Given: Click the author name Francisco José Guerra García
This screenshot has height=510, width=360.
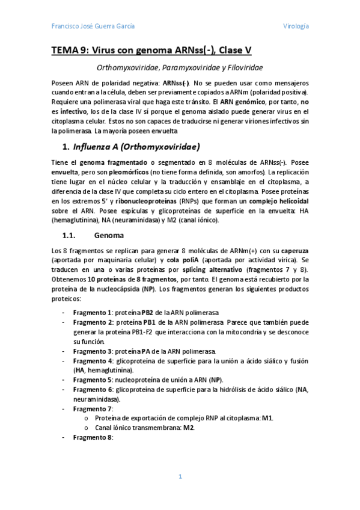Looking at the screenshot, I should tap(93, 26).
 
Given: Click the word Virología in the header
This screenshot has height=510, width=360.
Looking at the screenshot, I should tap(296, 26).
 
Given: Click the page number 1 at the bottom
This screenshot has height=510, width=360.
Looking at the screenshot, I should tap(180, 476).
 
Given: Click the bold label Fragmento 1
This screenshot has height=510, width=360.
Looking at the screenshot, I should tap(93, 313).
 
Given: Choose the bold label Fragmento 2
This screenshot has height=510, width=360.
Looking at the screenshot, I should tap(93, 322).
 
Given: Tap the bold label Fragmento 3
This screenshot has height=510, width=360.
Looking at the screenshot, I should tap(93, 351).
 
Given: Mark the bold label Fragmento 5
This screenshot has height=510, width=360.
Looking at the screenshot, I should tap(93, 379).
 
